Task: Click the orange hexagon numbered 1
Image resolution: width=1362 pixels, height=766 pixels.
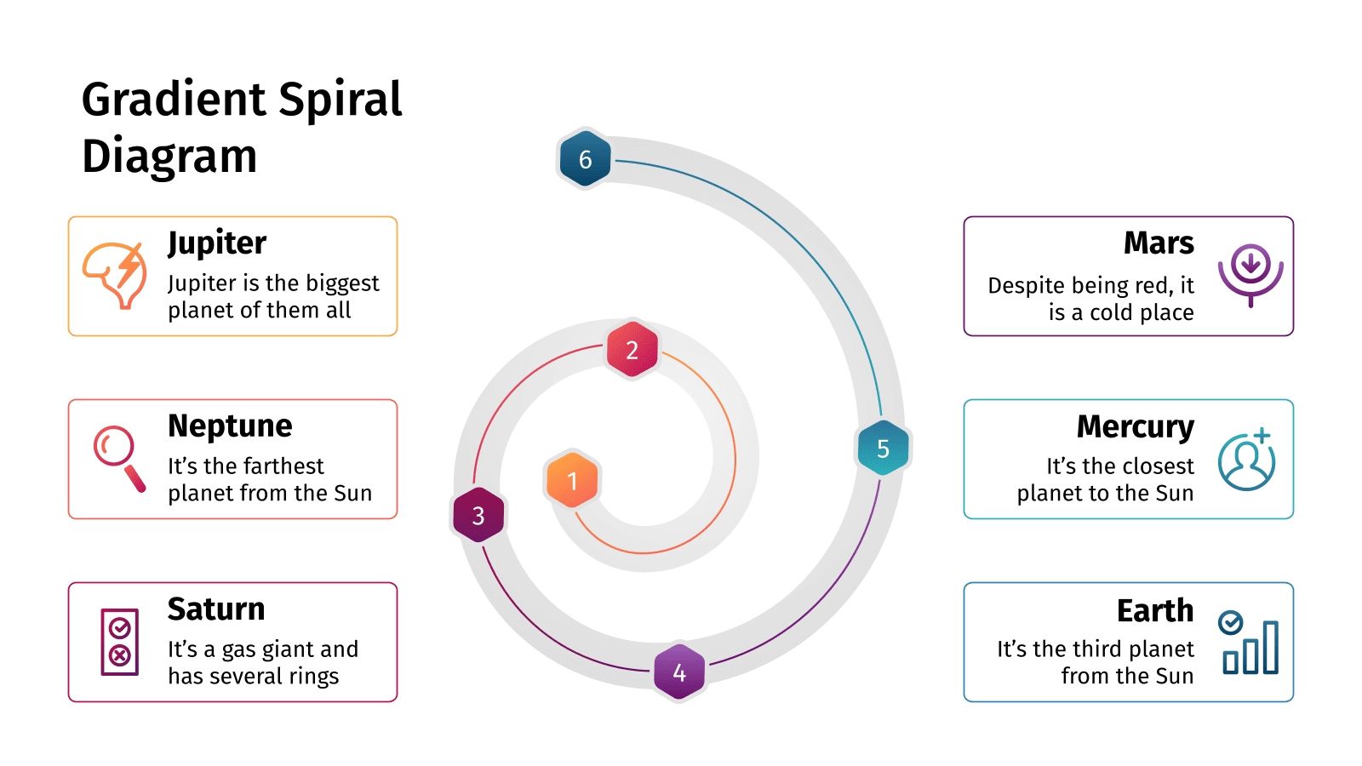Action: (x=572, y=480)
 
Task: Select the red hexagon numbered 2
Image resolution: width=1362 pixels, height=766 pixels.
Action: (x=632, y=349)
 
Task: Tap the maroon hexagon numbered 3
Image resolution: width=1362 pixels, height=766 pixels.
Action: (x=478, y=515)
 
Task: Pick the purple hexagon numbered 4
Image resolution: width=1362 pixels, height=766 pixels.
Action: (x=679, y=672)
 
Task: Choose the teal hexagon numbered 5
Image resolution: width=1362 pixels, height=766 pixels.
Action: (x=883, y=448)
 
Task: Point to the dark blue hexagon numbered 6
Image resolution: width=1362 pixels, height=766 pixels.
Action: (x=585, y=158)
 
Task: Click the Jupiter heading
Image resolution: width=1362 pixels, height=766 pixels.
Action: (x=217, y=243)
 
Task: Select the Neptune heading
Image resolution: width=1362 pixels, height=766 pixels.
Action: (x=230, y=426)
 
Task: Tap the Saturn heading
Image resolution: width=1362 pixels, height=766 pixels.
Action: (x=216, y=609)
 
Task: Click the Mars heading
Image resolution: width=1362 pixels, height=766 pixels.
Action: (x=1159, y=243)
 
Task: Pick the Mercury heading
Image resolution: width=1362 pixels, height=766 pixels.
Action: (x=1135, y=426)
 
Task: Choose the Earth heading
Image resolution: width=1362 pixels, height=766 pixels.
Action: (x=1155, y=610)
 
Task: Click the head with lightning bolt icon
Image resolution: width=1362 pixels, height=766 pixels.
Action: (x=114, y=274)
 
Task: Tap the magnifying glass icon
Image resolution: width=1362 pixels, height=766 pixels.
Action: (x=118, y=457)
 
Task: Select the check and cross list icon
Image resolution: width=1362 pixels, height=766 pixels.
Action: (x=120, y=642)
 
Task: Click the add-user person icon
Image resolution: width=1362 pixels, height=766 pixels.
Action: (x=1247, y=460)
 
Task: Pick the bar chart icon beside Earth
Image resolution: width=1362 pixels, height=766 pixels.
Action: (x=1250, y=643)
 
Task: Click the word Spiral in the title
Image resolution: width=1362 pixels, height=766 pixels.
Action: (x=340, y=100)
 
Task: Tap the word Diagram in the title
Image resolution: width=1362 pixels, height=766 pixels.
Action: (x=169, y=157)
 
